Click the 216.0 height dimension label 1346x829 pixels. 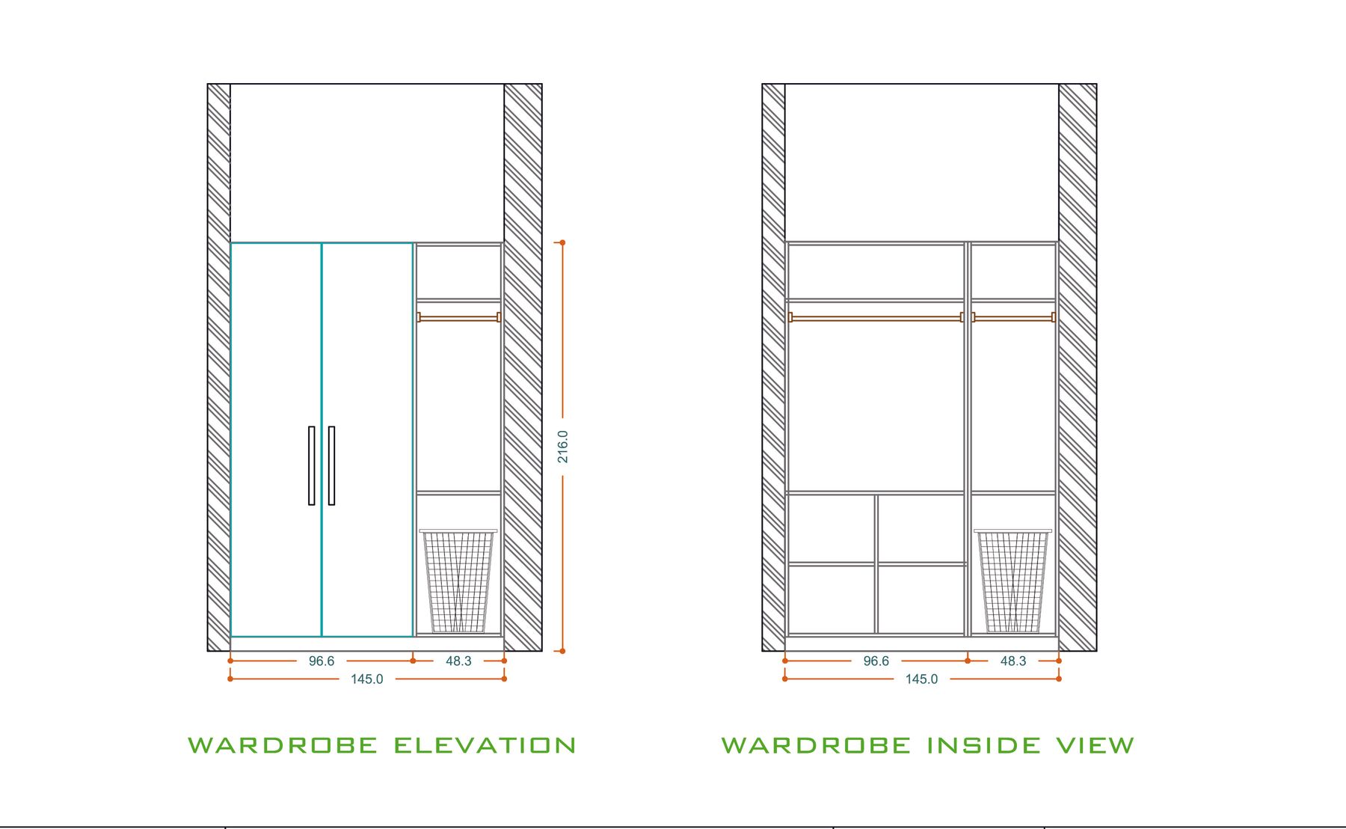click(x=562, y=447)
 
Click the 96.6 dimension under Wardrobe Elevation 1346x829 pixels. click(x=322, y=661)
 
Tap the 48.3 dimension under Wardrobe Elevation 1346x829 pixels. click(x=458, y=661)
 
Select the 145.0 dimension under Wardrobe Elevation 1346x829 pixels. click(x=367, y=679)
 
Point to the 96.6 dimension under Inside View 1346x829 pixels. click(x=876, y=661)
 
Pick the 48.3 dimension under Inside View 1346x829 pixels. click(x=1013, y=661)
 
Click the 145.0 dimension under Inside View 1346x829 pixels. click(x=922, y=679)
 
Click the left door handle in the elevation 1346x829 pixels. click(x=312, y=465)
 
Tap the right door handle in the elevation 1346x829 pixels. click(x=331, y=465)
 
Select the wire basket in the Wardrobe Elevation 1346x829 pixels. click(x=458, y=581)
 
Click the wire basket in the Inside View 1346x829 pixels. click(x=1013, y=581)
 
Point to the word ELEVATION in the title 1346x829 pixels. click(x=485, y=745)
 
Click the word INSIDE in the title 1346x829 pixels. click(x=983, y=745)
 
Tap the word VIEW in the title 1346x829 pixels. click(x=1095, y=745)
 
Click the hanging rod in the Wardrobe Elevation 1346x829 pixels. click(x=458, y=317)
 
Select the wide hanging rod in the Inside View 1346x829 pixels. click(x=876, y=317)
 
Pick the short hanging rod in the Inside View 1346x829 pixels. click(x=1013, y=317)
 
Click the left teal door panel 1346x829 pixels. click(x=276, y=440)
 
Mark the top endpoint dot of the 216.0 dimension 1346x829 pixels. click(x=562, y=242)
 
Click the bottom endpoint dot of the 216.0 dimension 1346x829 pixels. click(x=562, y=651)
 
